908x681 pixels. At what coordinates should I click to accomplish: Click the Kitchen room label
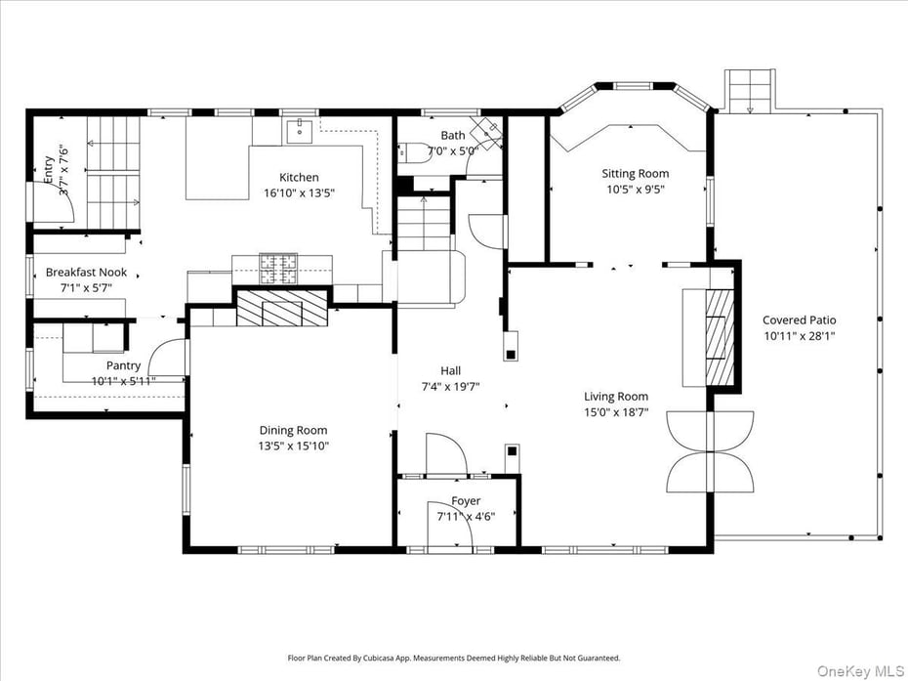(x=299, y=177)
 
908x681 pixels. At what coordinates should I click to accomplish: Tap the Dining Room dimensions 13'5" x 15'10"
(x=293, y=447)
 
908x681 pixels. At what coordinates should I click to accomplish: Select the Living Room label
(x=616, y=396)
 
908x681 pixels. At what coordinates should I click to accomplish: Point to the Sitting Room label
(x=635, y=174)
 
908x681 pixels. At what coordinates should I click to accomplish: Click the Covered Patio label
(x=799, y=319)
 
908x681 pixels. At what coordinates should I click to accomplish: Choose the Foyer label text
(x=466, y=501)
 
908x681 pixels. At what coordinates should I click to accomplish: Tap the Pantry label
(x=123, y=365)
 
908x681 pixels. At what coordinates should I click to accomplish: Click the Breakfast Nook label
(x=86, y=273)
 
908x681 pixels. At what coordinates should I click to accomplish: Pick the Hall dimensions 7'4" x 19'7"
(x=450, y=386)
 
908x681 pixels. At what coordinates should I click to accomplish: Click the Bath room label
(x=452, y=136)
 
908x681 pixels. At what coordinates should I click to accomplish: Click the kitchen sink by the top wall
(x=300, y=130)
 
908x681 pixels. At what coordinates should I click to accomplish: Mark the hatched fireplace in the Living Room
(x=720, y=339)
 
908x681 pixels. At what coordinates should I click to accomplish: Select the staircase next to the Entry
(x=113, y=172)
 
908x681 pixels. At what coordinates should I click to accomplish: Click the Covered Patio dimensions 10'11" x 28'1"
(x=799, y=335)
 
